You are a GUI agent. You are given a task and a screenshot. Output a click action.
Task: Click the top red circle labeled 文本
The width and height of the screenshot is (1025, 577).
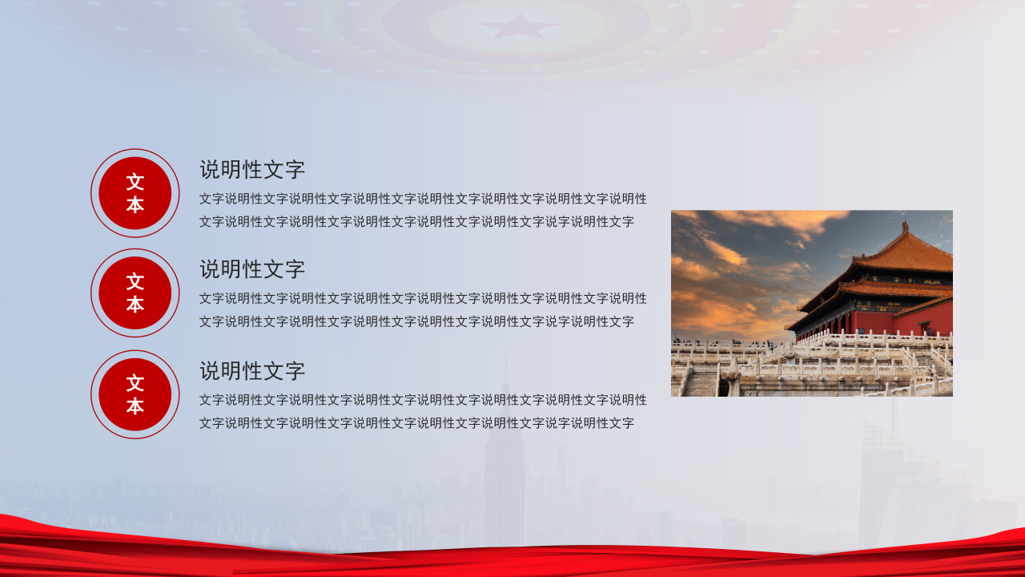[x=135, y=193]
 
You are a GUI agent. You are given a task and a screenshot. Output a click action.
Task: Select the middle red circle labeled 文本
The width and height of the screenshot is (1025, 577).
[x=135, y=293]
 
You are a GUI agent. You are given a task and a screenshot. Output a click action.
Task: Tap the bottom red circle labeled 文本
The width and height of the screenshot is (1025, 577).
[x=135, y=394]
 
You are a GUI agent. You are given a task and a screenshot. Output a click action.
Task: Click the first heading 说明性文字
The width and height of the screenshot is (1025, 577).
[x=252, y=170]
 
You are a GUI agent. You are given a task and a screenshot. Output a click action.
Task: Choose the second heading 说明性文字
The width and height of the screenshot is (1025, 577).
[x=252, y=269]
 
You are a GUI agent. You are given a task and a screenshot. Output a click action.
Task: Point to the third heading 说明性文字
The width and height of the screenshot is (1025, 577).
[x=252, y=371]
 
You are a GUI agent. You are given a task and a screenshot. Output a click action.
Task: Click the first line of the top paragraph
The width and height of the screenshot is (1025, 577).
[x=423, y=199]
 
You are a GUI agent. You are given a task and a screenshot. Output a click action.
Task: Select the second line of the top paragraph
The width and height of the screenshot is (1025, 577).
[x=416, y=222]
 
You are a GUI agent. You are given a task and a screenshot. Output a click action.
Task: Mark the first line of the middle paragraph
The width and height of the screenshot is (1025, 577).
[x=423, y=298]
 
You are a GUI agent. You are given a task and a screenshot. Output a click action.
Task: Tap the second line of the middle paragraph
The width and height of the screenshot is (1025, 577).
[x=416, y=321]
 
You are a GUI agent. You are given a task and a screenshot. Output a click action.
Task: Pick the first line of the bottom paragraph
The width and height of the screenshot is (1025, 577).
[x=423, y=400]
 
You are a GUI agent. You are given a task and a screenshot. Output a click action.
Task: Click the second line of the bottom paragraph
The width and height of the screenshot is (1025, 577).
[x=416, y=423]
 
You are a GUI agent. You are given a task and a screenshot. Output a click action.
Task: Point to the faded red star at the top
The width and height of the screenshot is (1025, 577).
[x=508, y=26]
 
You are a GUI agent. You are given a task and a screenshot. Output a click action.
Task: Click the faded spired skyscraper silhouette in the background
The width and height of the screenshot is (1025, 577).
[x=504, y=457]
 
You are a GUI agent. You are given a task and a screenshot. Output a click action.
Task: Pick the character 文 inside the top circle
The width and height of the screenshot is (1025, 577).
[x=135, y=182]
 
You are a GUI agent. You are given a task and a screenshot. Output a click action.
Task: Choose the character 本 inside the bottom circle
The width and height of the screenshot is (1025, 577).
[x=135, y=406]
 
